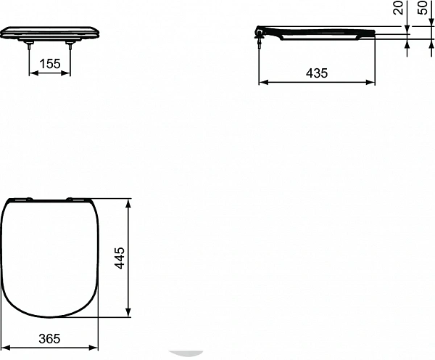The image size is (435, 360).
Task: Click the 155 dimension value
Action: tap(49, 64)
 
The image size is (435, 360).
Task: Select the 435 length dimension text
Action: tap(317, 73)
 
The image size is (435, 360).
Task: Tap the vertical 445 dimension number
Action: tap(120, 258)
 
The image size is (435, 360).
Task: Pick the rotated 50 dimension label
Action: tap(423, 9)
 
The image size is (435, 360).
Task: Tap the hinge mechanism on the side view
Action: tap(260, 33)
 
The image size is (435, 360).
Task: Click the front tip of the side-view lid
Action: tap(373, 33)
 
